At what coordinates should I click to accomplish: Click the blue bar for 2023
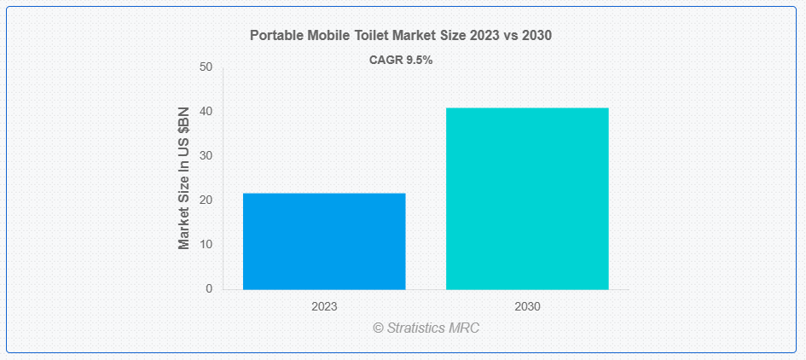point(324,241)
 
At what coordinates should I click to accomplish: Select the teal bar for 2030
point(527,199)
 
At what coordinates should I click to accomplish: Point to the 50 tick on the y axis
point(206,67)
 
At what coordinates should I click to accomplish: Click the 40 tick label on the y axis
point(206,112)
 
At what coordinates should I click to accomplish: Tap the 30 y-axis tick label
point(206,156)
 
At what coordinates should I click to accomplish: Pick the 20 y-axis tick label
point(206,200)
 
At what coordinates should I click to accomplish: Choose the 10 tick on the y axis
point(206,245)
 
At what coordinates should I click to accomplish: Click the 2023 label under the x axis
point(324,305)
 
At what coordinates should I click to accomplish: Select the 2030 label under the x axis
point(527,305)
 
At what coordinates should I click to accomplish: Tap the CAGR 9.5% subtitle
point(401,60)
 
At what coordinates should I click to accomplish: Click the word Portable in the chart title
point(275,36)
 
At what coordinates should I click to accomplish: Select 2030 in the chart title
point(536,36)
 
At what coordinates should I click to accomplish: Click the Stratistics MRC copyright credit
point(426,328)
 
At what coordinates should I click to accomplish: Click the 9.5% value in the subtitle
point(418,60)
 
